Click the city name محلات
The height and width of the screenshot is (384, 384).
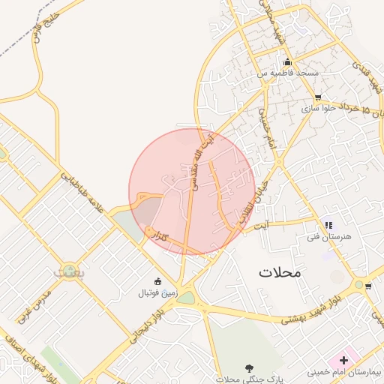pos(280,272)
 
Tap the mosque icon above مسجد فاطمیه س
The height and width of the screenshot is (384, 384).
pos(286,61)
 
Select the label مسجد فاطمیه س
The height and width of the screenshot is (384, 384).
pos(288,73)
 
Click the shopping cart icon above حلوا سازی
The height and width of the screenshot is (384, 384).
pos(318,97)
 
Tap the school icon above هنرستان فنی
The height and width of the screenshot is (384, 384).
pos(328,224)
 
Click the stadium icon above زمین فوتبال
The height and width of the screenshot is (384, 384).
pos(156,280)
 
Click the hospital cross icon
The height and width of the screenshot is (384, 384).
pos(343,360)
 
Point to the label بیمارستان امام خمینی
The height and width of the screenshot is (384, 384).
pos(344,372)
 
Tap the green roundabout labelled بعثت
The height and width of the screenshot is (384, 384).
pos(69,269)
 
